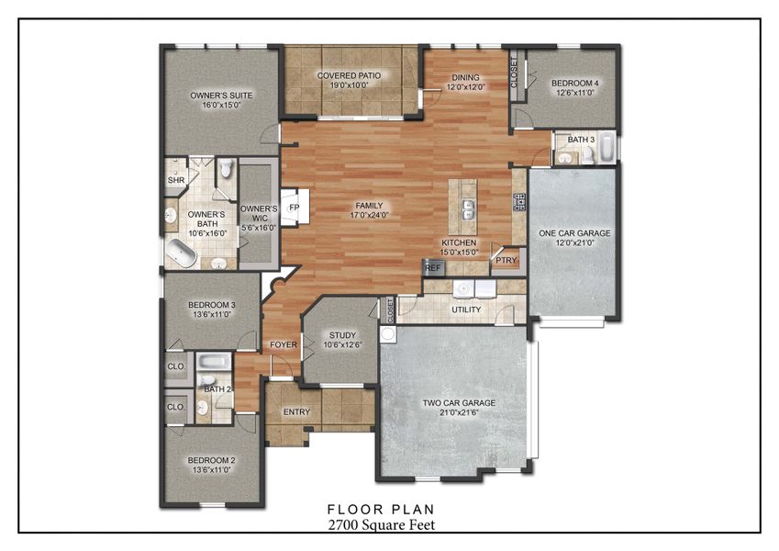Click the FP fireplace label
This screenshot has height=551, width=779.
click(x=295, y=208)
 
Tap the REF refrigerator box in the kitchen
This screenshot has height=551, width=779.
click(x=432, y=268)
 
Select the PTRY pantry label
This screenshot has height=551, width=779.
click(x=506, y=261)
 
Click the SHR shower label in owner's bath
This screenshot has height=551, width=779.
click(x=175, y=181)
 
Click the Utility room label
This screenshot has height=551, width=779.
click(x=466, y=309)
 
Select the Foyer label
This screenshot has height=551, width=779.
click(x=281, y=345)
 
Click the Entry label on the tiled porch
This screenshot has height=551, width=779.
click(x=296, y=411)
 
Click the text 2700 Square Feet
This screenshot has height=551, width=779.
click(x=381, y=524)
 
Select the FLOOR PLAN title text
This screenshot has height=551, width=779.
click(x=381, y=508)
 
